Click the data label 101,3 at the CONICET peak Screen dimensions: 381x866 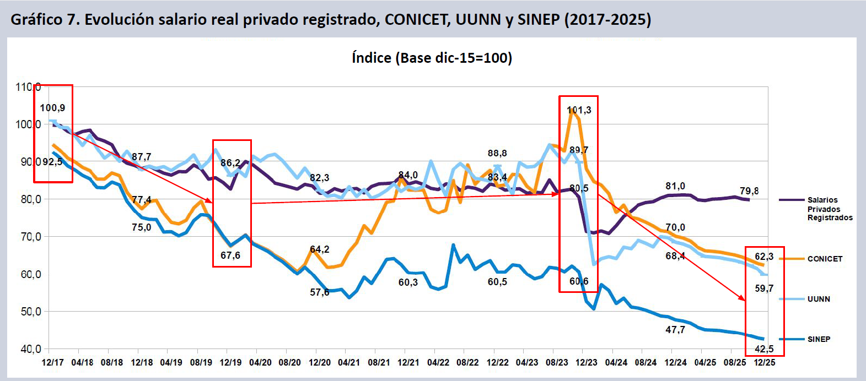579,110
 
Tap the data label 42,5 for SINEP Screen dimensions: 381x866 764,349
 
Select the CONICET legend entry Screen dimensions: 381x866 825,259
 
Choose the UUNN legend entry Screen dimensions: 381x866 819,299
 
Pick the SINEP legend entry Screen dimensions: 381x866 819,339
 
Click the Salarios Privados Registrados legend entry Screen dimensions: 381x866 830,209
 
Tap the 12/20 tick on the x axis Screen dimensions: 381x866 320,362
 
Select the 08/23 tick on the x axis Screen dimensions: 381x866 557,362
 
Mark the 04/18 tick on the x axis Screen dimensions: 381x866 82,362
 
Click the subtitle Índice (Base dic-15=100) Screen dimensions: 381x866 432,58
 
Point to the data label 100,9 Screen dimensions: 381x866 52,108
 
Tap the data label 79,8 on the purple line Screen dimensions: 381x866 749,191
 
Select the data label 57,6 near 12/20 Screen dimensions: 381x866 320,292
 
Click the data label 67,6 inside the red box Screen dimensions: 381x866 230,255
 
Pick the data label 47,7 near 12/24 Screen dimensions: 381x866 675,330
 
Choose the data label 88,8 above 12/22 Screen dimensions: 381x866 497,153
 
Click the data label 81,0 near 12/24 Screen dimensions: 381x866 675,186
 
